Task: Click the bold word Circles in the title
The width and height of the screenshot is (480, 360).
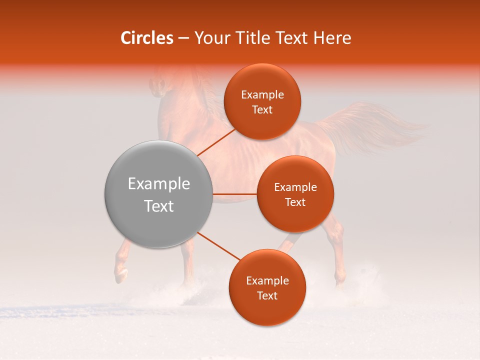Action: tap(146, 38)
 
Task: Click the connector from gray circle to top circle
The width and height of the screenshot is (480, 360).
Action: tap(216, 142)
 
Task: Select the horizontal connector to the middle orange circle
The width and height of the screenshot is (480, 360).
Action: tap(234, 194)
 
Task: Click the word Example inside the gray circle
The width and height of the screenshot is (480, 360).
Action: tap(159, 184)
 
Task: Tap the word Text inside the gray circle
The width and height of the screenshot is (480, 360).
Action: tap(159, 206)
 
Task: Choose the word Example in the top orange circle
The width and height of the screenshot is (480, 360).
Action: tap(262, 95)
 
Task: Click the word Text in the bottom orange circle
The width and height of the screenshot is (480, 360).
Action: tap(267, 296)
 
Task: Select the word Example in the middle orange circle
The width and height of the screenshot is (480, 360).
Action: tap(295, 187)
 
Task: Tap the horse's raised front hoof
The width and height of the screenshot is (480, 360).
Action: tap(120, 274)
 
